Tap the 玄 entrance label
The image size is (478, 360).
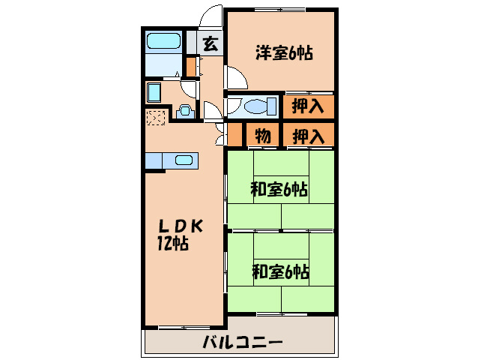[211, 43]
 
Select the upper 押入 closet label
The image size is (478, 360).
[308, 106]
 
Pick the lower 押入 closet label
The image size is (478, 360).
[308, 136]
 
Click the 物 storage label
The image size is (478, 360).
[262, 136]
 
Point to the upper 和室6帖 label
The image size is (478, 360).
[279, 190]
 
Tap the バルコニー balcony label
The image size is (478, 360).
[242, 344]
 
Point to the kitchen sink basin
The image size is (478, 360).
[184, 160]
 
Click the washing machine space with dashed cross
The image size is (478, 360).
[156, 118]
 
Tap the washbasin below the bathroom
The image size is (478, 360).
[155, 93]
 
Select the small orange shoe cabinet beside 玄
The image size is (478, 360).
[191, 67]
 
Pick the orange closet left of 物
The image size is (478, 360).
[235, 136]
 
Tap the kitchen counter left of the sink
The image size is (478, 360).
[154, 160]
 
